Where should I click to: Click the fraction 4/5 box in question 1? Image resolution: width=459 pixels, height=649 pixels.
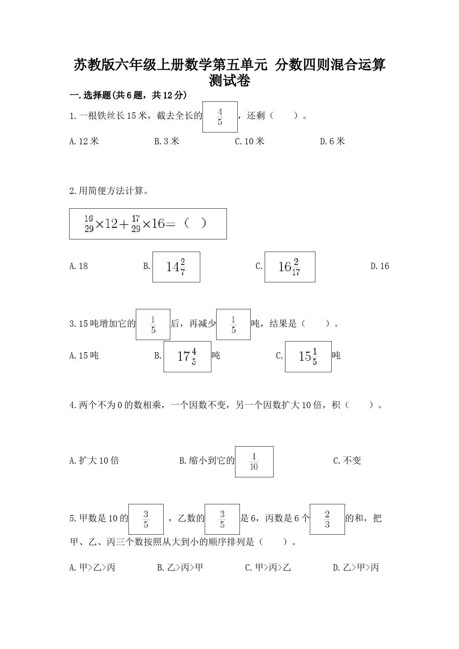click(220, 117)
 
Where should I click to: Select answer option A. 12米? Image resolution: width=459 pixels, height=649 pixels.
click(84, 141)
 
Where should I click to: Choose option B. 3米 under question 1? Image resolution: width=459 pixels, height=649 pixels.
click(167, 141)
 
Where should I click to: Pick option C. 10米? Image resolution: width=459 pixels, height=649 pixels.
click(249, 141)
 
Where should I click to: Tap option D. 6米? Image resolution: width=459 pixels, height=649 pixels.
click(332, 141)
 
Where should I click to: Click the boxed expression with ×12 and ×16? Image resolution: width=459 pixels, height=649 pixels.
click(148, 224)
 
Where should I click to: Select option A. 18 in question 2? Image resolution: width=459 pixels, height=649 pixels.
click(78, 266)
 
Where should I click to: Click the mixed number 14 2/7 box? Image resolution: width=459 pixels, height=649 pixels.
click(176, 267)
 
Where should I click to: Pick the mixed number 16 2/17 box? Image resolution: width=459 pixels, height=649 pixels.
click(290, 267)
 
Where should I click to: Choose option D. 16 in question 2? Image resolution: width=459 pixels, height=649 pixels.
click(380, 266)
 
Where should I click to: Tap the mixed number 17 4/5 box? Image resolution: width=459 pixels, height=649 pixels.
click(187, 357)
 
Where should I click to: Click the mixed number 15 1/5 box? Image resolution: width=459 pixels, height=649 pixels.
click(308, 357)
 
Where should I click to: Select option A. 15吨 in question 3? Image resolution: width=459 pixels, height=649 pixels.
click(84, 356)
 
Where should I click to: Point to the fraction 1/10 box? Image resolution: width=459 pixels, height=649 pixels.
click(254, 462)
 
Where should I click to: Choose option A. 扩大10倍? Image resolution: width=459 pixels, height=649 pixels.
click(94, 461)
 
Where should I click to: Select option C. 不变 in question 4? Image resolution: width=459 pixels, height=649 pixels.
click(347, 461)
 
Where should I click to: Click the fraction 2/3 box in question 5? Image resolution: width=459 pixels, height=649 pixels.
click(327, 519)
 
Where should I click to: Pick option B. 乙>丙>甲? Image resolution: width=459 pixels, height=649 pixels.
click(180, 568)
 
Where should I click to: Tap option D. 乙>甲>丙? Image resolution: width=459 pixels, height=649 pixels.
click(356, 568)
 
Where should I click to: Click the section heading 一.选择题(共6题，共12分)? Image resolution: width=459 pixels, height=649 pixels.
click(128, 95)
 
